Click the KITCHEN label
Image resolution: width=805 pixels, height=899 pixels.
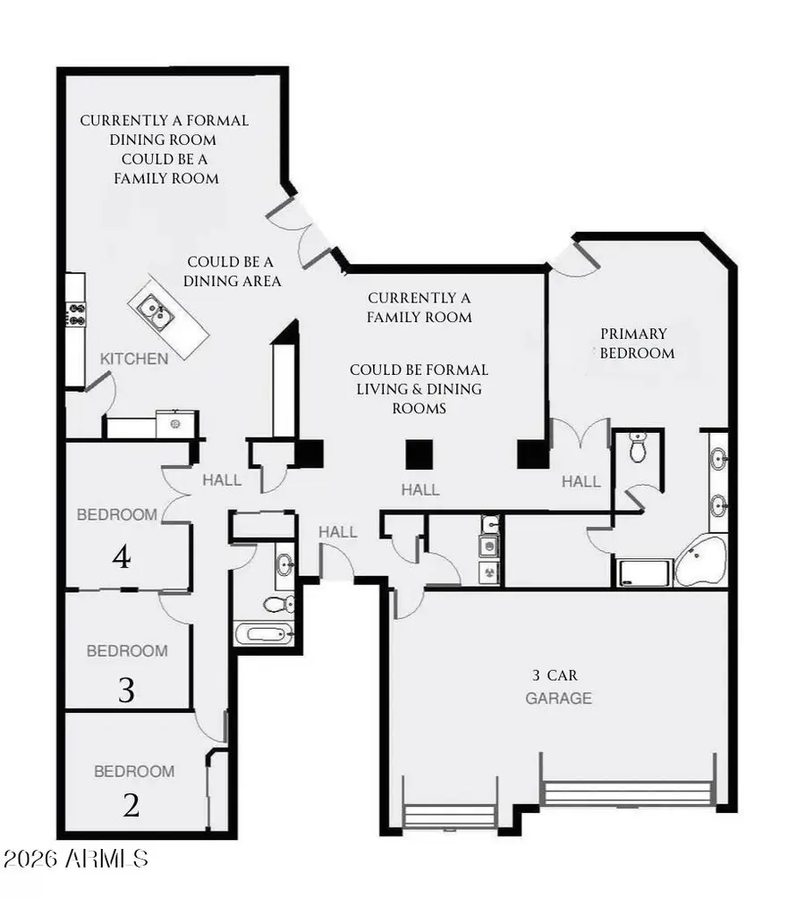coord(133,359)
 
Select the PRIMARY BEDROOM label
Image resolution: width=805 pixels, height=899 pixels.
coord(637,343)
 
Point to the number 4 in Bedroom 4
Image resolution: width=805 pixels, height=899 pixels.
coord(123,558)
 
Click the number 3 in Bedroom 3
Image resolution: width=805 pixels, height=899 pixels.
coord(126,690)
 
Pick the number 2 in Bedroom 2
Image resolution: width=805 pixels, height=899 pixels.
coord(131,806)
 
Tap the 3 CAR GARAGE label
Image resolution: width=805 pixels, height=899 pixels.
coord(558,687)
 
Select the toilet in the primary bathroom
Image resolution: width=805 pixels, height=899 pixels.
coord(638,446)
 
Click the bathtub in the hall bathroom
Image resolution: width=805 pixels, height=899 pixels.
coord(264,634)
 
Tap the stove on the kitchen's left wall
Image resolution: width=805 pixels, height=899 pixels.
coord(76,315)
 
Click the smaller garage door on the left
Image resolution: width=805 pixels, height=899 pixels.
coord(449,815)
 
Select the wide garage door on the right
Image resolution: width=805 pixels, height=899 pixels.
coord(629,793)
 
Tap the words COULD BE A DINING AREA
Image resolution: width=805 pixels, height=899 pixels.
coord(233,271)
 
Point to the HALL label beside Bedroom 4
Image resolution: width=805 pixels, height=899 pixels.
coord(222,480)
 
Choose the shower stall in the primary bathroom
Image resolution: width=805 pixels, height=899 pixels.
coord(643,572)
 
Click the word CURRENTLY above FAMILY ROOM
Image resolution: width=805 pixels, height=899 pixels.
coord(419,298)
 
